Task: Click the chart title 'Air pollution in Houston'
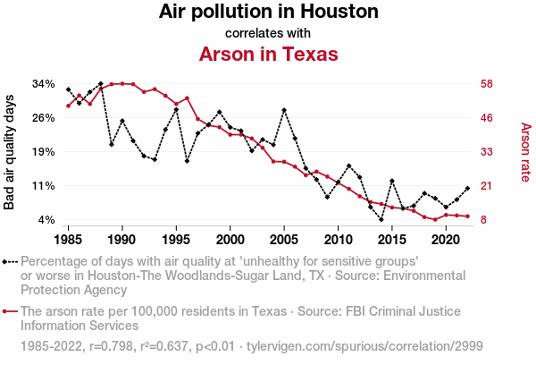pyautogui.click(x=268, y=13)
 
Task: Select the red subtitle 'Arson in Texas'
pyautogui.click(x=268, y=54)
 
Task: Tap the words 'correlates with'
pyautogui.click(x=268, y=33)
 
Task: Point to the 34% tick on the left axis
pyautogui.click(x=44, y=84)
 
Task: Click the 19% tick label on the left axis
pyautogui.click(x=44, y=152)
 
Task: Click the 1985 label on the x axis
pyautogui.click(x=68, y=240)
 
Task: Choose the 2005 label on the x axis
pyautogui.click(x=284, y=240)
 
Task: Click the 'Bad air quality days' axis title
pyautogui.click(x=11, y=152)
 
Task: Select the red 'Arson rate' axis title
pyautogui.click(x=525, y=152)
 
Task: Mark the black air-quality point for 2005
pyautogui.click(x=284, y=110)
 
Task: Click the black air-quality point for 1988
pyautogui.click(x=100, y=83)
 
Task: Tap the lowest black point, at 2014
pyautogui.click(x=381, y=219)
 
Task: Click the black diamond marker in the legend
pyautogui.click(x=11, y=262)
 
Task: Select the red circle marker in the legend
pyautogui.click(x=11, y=312)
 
